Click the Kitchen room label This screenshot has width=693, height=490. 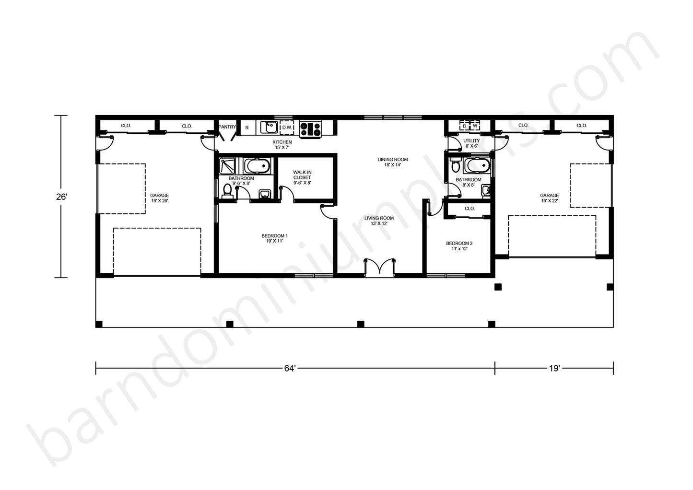(x=282, y=145)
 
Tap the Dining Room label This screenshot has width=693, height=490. (x=393, y=162)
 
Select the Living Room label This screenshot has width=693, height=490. (x=379, y=221)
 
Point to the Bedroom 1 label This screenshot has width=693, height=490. (x=274, y=238)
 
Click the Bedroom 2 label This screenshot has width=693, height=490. (x=459, y=246)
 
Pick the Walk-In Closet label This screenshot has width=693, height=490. (x=302, y=177)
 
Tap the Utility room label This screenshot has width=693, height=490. (x=471, y=143)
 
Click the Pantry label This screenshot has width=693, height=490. (x=227, y=127)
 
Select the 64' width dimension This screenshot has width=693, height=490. (x=290, y=368)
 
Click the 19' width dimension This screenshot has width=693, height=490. (x=554, y=368)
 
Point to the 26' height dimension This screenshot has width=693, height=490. (x=61, y=197)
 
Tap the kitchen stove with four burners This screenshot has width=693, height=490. (x=310, y=129)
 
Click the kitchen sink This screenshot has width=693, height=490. (x=269, y=127)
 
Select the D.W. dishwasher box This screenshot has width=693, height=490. (x=287, y=128)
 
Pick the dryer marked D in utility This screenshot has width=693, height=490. (x=464, y=126)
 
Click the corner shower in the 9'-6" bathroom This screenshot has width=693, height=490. (x=227, y=166)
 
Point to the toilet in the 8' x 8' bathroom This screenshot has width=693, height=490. (x=456, y=164)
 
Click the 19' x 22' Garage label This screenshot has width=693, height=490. (x=549, y=198)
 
